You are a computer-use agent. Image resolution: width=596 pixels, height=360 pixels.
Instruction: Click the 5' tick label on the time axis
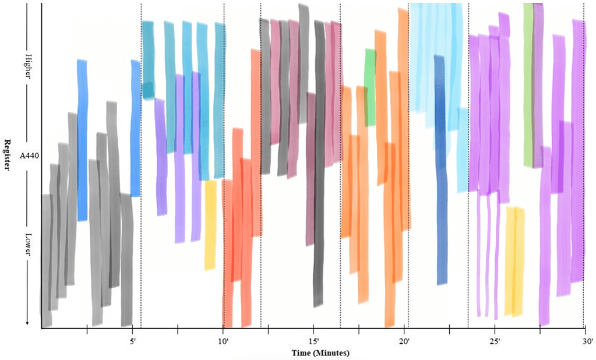[x=132, y=342]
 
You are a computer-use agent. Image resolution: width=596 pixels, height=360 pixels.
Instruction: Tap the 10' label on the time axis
[x=223, y=342]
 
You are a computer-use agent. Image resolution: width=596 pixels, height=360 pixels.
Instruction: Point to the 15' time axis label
[x=314, y=342]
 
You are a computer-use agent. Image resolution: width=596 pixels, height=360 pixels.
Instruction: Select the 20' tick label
[x=405, y=342]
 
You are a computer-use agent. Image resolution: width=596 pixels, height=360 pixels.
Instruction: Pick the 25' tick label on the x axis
[x=496, y=342]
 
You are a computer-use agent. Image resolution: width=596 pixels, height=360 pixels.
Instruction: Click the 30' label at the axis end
[x=587, y=342]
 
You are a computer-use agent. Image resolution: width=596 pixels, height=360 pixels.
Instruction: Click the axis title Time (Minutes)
[x=320, y=353]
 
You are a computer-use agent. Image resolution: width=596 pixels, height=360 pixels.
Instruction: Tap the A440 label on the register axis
[x=29, y=156]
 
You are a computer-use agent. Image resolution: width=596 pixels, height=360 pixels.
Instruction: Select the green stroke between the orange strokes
[x=370, y=87]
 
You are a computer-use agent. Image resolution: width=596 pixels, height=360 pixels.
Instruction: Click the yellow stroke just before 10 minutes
[x=210, y=224]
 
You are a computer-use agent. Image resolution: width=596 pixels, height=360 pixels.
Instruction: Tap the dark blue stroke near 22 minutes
[x=441, y=169]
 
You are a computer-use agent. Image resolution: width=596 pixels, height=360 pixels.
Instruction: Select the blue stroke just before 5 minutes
[x=135, y=128]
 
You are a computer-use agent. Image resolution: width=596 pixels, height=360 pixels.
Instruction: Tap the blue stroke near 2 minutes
[x=82, y=140]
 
